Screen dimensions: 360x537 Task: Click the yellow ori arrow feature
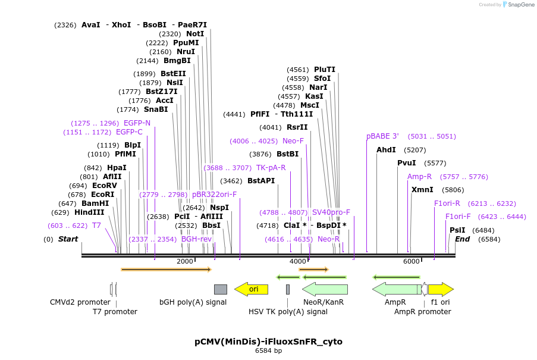click(250, 289)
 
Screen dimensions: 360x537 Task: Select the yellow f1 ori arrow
click(441, 289)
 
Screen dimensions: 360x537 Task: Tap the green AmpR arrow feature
click(396, 289)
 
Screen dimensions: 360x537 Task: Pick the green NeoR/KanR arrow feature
click(325, 289)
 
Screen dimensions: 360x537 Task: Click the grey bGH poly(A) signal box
click(220, 289)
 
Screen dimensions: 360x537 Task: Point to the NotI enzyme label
click(195, 34)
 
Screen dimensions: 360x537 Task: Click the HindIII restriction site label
click(89, 212)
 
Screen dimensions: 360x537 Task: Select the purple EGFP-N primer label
click(137, 123)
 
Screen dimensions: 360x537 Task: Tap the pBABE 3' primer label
click(382, 136)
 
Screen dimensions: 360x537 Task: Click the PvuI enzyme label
click(406, 163)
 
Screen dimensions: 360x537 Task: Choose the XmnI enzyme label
click(422, 190)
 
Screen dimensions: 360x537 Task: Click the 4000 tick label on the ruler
click(298, 262)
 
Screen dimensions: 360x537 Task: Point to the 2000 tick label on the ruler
click(185, 262)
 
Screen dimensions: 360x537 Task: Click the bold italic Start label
click(68, 239)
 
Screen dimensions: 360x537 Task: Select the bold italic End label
click(463, 239)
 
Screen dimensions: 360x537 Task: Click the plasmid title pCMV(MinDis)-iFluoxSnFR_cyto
click(268, 342)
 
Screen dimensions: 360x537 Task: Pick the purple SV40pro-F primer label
click(331, 212)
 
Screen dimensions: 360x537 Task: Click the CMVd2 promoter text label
click(80, 302)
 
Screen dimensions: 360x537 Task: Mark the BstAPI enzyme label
click(261, 181)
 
